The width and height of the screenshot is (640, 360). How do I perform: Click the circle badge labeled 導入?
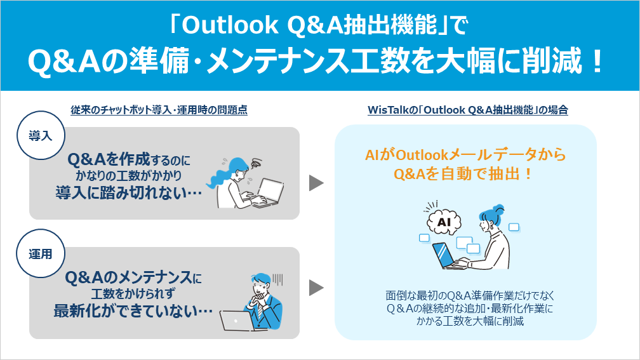point(40,135)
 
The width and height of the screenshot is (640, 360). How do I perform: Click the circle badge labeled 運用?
point(40,254)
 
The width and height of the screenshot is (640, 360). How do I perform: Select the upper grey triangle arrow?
point(316,183)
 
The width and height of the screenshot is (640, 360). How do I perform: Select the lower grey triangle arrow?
point(316,288)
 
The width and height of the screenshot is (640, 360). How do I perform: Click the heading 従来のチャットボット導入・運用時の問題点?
point(159,110)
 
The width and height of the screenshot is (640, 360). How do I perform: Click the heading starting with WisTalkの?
point(467,110)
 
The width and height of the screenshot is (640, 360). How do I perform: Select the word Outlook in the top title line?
point(231,25)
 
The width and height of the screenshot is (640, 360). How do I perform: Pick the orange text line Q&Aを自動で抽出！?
point(465,174)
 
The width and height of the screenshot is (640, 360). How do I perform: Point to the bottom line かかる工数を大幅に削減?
point(465,322)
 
